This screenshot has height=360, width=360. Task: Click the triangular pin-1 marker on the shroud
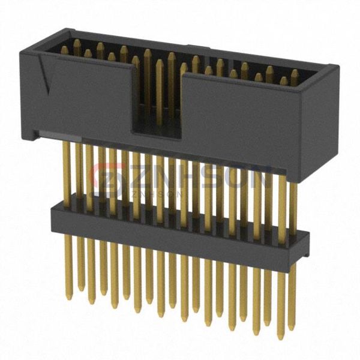tap(44, 73)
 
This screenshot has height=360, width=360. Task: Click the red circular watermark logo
tap(108, 179)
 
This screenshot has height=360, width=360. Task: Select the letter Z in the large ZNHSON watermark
tap(143, 179)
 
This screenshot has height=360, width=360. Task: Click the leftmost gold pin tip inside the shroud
tap(65, 50)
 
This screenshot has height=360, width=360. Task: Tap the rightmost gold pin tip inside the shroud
tap(295, 77)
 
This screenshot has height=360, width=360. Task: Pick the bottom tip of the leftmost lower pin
tap(68, 298)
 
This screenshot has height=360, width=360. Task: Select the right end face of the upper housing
tap(319, 124)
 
